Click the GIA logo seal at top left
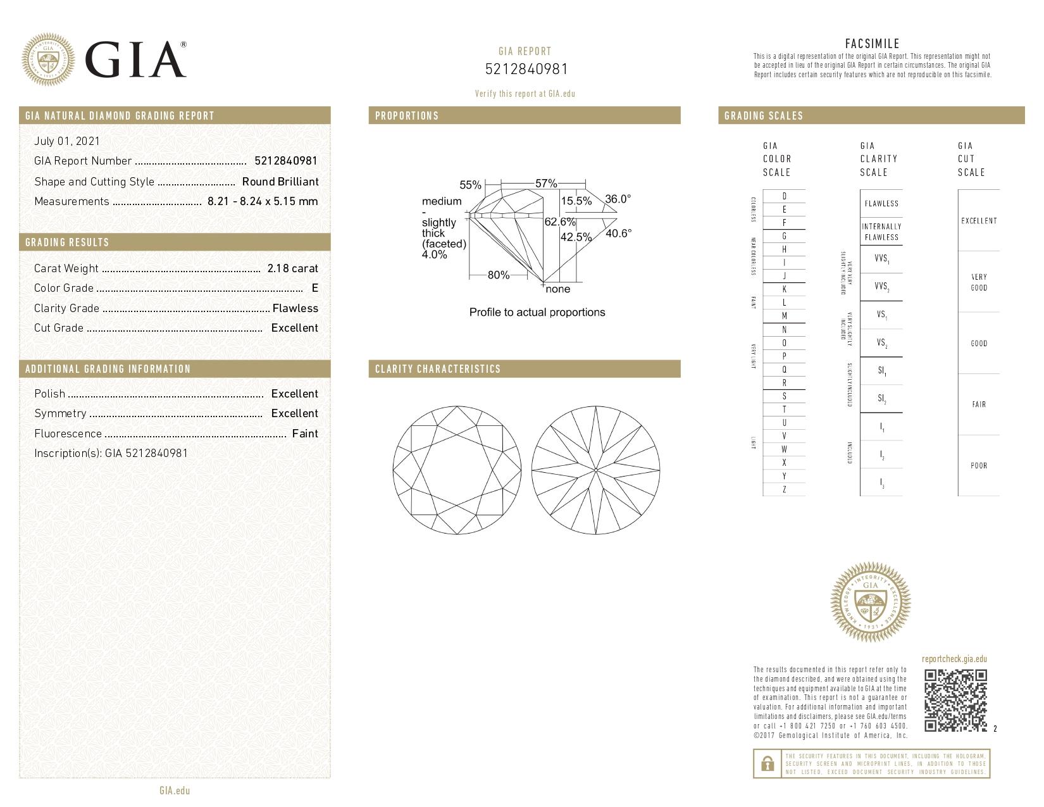(48, 59)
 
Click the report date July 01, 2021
(67, 141)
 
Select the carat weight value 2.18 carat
(292, 268)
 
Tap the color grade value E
(314, 288)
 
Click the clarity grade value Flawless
(295, 308)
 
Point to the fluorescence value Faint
(305, 434)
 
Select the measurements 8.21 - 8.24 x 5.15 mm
(262, 201)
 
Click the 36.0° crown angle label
(618, 199)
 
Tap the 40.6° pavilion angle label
(618, 233)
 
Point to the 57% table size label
(545, 184)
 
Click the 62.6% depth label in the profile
(560, 222)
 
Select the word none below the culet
(557, 289)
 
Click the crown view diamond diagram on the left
(457, 470)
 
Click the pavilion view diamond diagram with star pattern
(596, 470)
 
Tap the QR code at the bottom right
(955, 700)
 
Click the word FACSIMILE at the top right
(872, 44)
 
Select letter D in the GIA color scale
(785, 196)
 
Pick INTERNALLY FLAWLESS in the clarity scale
(881, 232)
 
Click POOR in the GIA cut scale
(979, 466)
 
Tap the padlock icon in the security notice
(767, 764)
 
